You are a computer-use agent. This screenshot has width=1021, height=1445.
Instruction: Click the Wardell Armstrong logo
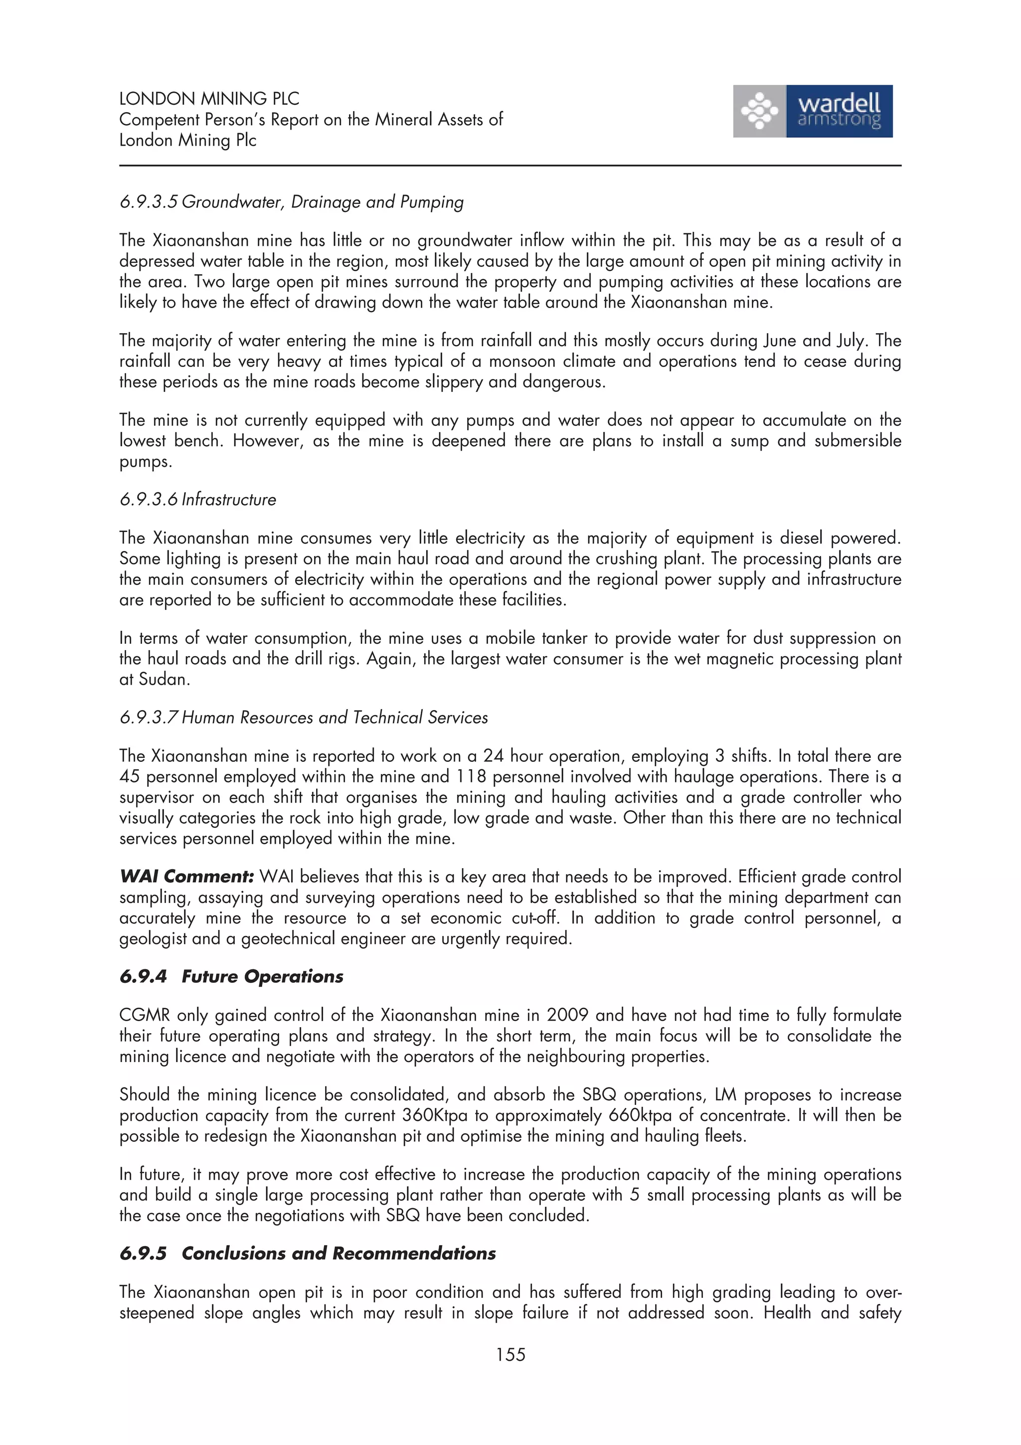tap(812, 111)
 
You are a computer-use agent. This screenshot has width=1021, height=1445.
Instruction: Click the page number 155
tap(510, 1354)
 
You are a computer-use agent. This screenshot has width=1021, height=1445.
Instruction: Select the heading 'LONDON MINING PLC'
tap(209, 99)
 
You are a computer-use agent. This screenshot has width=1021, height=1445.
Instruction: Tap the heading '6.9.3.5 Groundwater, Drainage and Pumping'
tap(291, 202)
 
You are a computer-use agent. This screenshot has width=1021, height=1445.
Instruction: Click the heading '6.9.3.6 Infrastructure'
tap(197, 500)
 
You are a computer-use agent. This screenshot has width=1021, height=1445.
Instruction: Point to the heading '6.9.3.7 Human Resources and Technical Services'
tap(303, 718)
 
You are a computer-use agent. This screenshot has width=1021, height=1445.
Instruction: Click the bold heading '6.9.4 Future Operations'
tap(231, 976)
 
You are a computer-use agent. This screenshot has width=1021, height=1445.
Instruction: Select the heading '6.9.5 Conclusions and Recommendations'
tap(307, 1253)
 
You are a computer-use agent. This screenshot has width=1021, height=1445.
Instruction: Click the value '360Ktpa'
tap(435, 1115)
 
